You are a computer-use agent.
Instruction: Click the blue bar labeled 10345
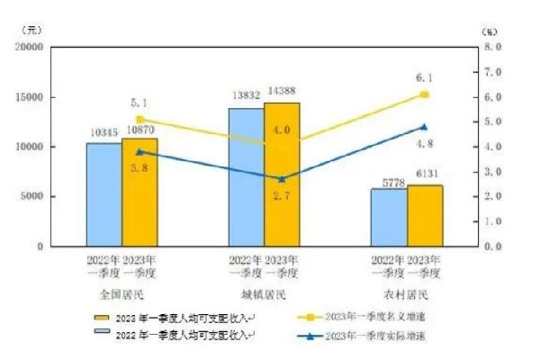tap(103, 193)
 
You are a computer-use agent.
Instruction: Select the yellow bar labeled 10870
tap(139, 191)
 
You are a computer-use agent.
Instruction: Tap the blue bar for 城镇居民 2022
tap(246, 176)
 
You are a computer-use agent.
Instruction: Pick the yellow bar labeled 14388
tap(282, 174)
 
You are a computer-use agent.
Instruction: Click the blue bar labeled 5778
tap(388, 217)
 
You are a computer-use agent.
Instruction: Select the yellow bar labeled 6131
tap(424, 215)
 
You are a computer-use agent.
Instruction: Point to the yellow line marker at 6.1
tap(425, 94)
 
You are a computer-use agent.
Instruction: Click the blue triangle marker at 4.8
tap(425, 127)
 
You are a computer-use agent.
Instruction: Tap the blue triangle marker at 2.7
tap(282, 178)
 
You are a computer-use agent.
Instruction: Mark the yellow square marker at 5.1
tap(139, 119)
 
